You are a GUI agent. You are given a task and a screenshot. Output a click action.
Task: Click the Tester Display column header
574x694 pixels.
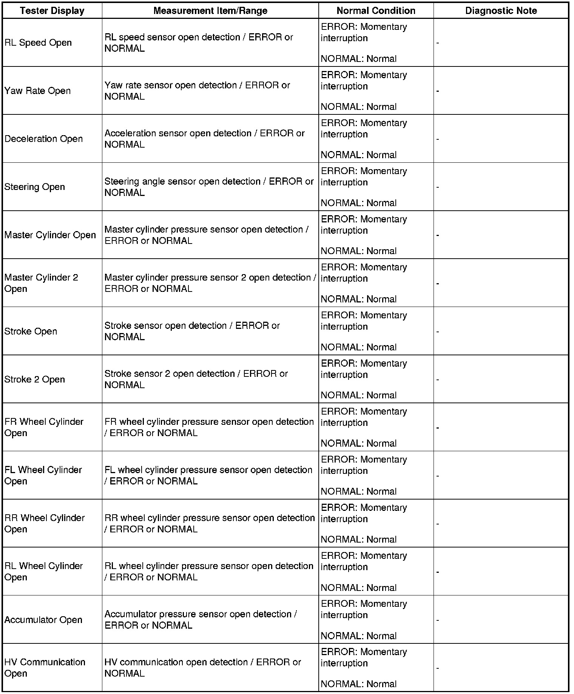pyautogui.click(x=52, y=11)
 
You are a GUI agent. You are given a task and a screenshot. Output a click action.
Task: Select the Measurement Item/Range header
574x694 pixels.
pyautogui.click(x=210, y=11)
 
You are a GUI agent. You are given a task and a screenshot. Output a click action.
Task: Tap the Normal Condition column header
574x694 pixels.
pyautogui.click(x=376, y=11)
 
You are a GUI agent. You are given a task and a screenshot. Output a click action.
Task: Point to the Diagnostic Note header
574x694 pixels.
pyautogui.click(x=501, y=11)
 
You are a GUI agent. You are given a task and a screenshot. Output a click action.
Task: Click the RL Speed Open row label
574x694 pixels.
pyautogui.click(x=38, y=43)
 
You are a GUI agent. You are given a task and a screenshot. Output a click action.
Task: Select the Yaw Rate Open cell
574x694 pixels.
pyautogui.click(x=38, y=91)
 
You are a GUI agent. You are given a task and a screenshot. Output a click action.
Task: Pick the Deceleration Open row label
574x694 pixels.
pyautogui.click(x=43, y=139)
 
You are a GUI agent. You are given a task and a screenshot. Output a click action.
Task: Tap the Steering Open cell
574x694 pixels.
pyautogui.click(x=35, y=187)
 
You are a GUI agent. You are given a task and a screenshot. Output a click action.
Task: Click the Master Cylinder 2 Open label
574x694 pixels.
pyautogui.click(x=41, y=283)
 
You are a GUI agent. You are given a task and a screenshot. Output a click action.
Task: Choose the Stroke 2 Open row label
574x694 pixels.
pyautogui.click(x=35, y=379)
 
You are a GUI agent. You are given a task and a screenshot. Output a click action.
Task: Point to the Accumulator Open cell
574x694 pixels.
pyautogui.click(x=43, y=620)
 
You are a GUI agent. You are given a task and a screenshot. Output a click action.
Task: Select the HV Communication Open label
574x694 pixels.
pyautogui.click(x=45, y=668)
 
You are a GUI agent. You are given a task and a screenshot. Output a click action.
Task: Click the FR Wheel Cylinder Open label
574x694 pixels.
pyautogui.click(x=44, y=427)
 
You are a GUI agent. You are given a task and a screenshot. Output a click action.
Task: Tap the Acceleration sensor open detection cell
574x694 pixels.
pyautogui.click(x=204, y=139)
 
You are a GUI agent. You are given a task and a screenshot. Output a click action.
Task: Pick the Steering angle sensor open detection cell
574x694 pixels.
pyautogui.click(x=209, y=187)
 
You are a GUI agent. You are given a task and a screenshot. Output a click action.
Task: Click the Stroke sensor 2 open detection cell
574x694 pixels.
pyautogui.click(x=196, y=379)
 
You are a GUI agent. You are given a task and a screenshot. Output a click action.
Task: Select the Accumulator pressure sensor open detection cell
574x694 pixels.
pyautogui.click(x=201, y=620)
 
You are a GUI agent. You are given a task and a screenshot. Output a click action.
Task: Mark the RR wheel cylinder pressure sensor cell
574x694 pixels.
pyautogui.click(x=210, y=523)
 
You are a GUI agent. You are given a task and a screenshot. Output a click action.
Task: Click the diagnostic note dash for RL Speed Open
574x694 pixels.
pyautogui.click(x=438, y=43)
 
